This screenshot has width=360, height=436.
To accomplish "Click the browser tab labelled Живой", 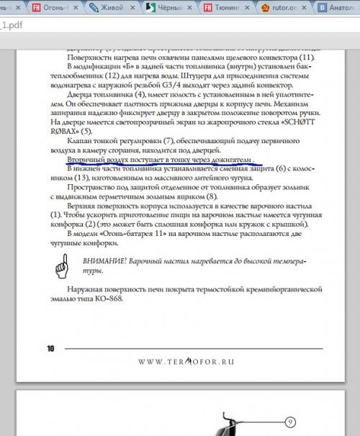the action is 113,7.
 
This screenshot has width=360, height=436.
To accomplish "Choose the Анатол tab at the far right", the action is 338,7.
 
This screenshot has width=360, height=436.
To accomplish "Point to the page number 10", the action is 50,348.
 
